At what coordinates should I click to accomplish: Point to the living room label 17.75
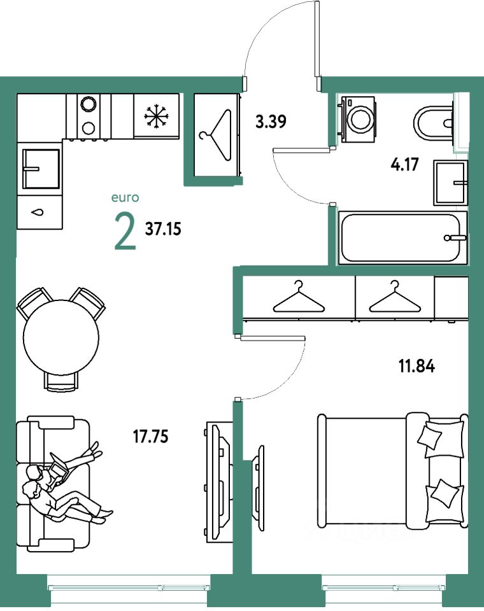point(152,437)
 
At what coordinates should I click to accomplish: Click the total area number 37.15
point(164,229)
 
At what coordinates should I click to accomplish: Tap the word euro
point(125,199)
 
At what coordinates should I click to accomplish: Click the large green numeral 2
point(125,232)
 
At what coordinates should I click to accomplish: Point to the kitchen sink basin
point(40,169)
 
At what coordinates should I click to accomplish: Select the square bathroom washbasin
point(450,183)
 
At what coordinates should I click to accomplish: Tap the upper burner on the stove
point(88,103)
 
